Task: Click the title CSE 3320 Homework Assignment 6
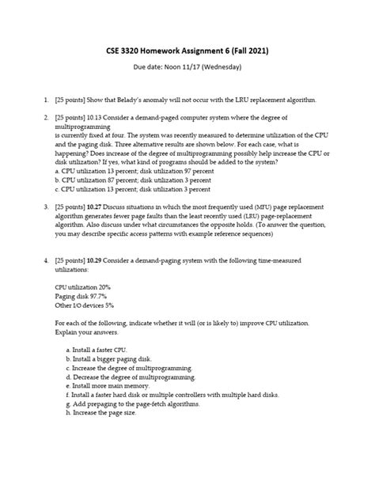[187, 51]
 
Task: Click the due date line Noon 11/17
[187, 67]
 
